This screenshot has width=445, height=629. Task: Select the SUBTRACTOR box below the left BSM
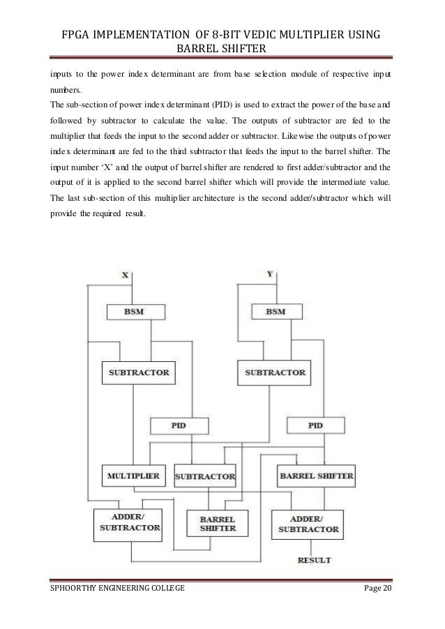click(138, 372)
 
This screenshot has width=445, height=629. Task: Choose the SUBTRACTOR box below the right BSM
click(275, 372)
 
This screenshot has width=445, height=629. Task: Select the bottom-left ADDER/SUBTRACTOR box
click(128, 524)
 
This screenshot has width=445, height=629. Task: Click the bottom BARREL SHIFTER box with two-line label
click(217, 524)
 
